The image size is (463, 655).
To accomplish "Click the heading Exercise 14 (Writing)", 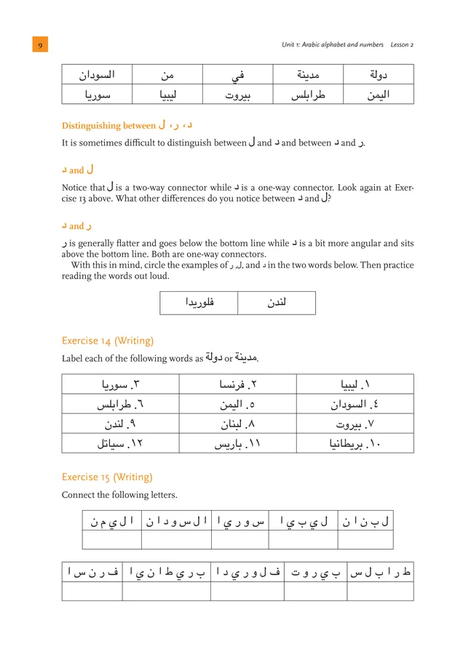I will (x=108, y=340).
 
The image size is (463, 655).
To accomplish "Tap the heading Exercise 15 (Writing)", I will (x=107, y=477).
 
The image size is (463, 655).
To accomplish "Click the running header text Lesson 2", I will (x=401, y=45).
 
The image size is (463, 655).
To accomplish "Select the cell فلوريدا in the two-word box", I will (x=199, y=303).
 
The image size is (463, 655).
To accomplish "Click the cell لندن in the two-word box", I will (x=277, y=303).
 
